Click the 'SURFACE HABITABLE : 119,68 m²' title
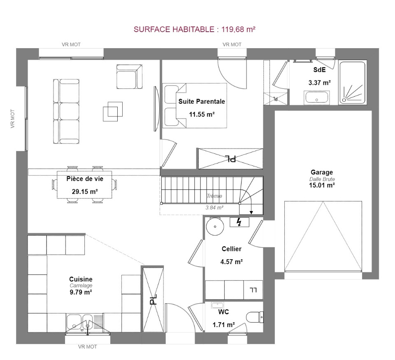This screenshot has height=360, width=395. click(x=195, y=29)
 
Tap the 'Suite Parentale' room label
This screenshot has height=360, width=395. click(x=202, y=101)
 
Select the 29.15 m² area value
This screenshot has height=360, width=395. click(x=85, y=191)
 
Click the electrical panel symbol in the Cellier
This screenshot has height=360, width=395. click(x=239, y=222)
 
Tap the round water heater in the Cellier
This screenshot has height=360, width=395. click(x=215, y=226)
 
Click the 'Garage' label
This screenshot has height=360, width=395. click(x=322, y=172)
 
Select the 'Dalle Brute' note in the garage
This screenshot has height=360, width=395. click(x=322, y=179)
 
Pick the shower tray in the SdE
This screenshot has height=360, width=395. click(x=352, y=83)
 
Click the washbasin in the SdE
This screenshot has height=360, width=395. click(x=317, y=98)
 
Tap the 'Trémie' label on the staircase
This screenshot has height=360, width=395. click(x=214, y=196)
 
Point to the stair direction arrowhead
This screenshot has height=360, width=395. click(x=251, y=213)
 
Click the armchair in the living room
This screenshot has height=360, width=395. click(x=129, y=77)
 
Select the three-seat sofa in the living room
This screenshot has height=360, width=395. click(x=66, y=111)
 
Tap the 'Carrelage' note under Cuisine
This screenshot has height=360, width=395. click(x=81, y=286)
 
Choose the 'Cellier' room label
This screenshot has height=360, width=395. click(x=232, y=249)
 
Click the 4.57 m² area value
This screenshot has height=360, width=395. click(x=232, y=262)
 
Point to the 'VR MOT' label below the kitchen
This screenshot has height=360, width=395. click(x=87, y=347)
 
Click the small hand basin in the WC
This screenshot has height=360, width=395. click(x=217, y=305)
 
